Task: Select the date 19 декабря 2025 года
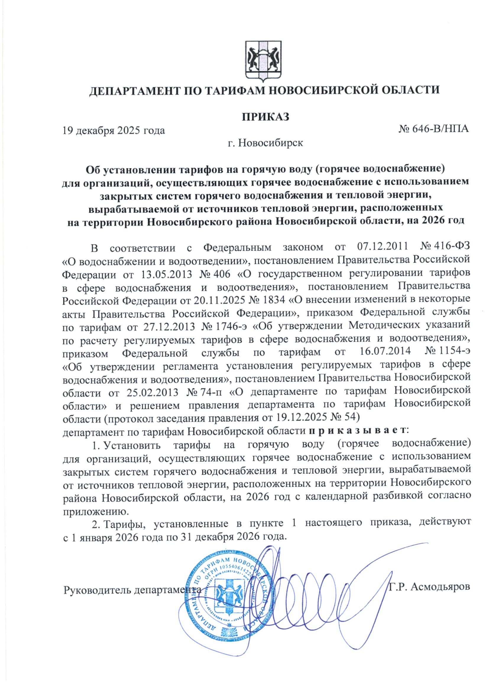114,130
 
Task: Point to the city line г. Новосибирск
265,143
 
